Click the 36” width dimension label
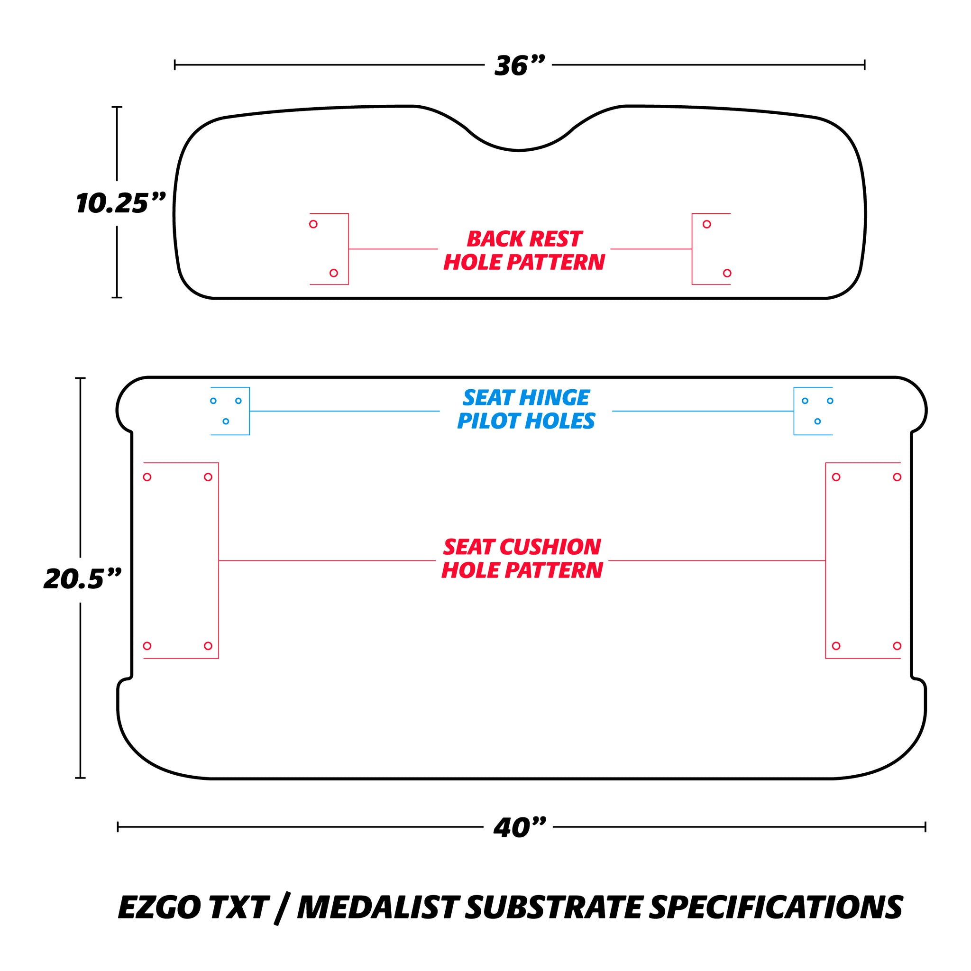click(519, 66)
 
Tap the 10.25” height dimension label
click(120, 203)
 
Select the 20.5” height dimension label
click(83, 579)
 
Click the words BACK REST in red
click(525, 239)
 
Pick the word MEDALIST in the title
click(377, 907)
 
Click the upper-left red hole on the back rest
click(313, 224)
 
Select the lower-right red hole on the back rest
click(727, 274)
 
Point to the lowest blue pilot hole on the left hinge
click(226, 421)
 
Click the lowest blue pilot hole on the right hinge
click(818, 421)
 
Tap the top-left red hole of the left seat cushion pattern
click(147, 477)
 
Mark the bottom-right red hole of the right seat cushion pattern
click(897, 646)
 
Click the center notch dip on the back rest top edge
click(519, 150)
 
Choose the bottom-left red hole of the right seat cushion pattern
click(836, 646)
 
